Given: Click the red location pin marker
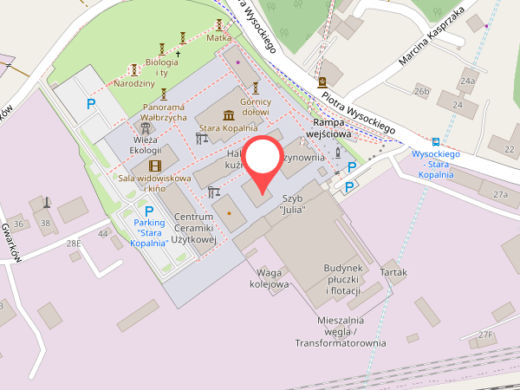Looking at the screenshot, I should click(260, 164).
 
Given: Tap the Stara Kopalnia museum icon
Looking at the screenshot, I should click(228, 116).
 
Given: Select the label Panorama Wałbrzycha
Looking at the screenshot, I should click(164, 117).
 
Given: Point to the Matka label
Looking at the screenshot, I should click(218, 38).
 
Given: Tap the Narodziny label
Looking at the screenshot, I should click(133, 84).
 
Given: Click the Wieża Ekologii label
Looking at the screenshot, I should click(147, 145).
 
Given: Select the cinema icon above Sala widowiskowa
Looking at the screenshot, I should click(154, 166).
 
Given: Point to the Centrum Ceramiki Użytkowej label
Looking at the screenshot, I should click(193, 227).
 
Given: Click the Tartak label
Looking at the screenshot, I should click(393, 272).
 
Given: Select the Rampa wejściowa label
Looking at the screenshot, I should click(331, 130).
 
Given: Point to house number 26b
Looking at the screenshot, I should click(422, 91).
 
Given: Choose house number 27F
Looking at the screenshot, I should click(485, 335).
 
